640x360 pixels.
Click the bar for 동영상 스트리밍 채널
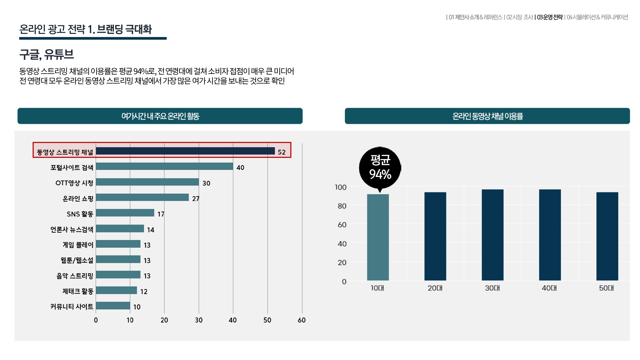[185, 151]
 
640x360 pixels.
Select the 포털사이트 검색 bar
[164, 166]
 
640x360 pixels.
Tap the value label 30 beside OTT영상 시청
[206, 183]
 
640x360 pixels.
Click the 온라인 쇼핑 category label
[78, 199]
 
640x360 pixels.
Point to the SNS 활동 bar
[125, 213]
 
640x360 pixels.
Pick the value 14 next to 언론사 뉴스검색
[150, 230]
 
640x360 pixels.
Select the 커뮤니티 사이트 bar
[113, 306]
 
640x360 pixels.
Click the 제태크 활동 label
[78, 291]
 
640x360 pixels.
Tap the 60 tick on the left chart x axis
[301, 320]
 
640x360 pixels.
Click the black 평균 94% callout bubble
[380, 167]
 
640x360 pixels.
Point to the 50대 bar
[607, 236]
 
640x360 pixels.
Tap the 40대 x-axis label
[549, 288]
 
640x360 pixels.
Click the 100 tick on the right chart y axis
[340, 187]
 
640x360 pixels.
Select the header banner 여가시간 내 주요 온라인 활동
[160, 116]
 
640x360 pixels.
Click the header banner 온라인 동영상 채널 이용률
[487, 116]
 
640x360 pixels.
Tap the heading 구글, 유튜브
[47, 54]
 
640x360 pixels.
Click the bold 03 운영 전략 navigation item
[549, 17]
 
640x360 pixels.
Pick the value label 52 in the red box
[282, 152]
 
